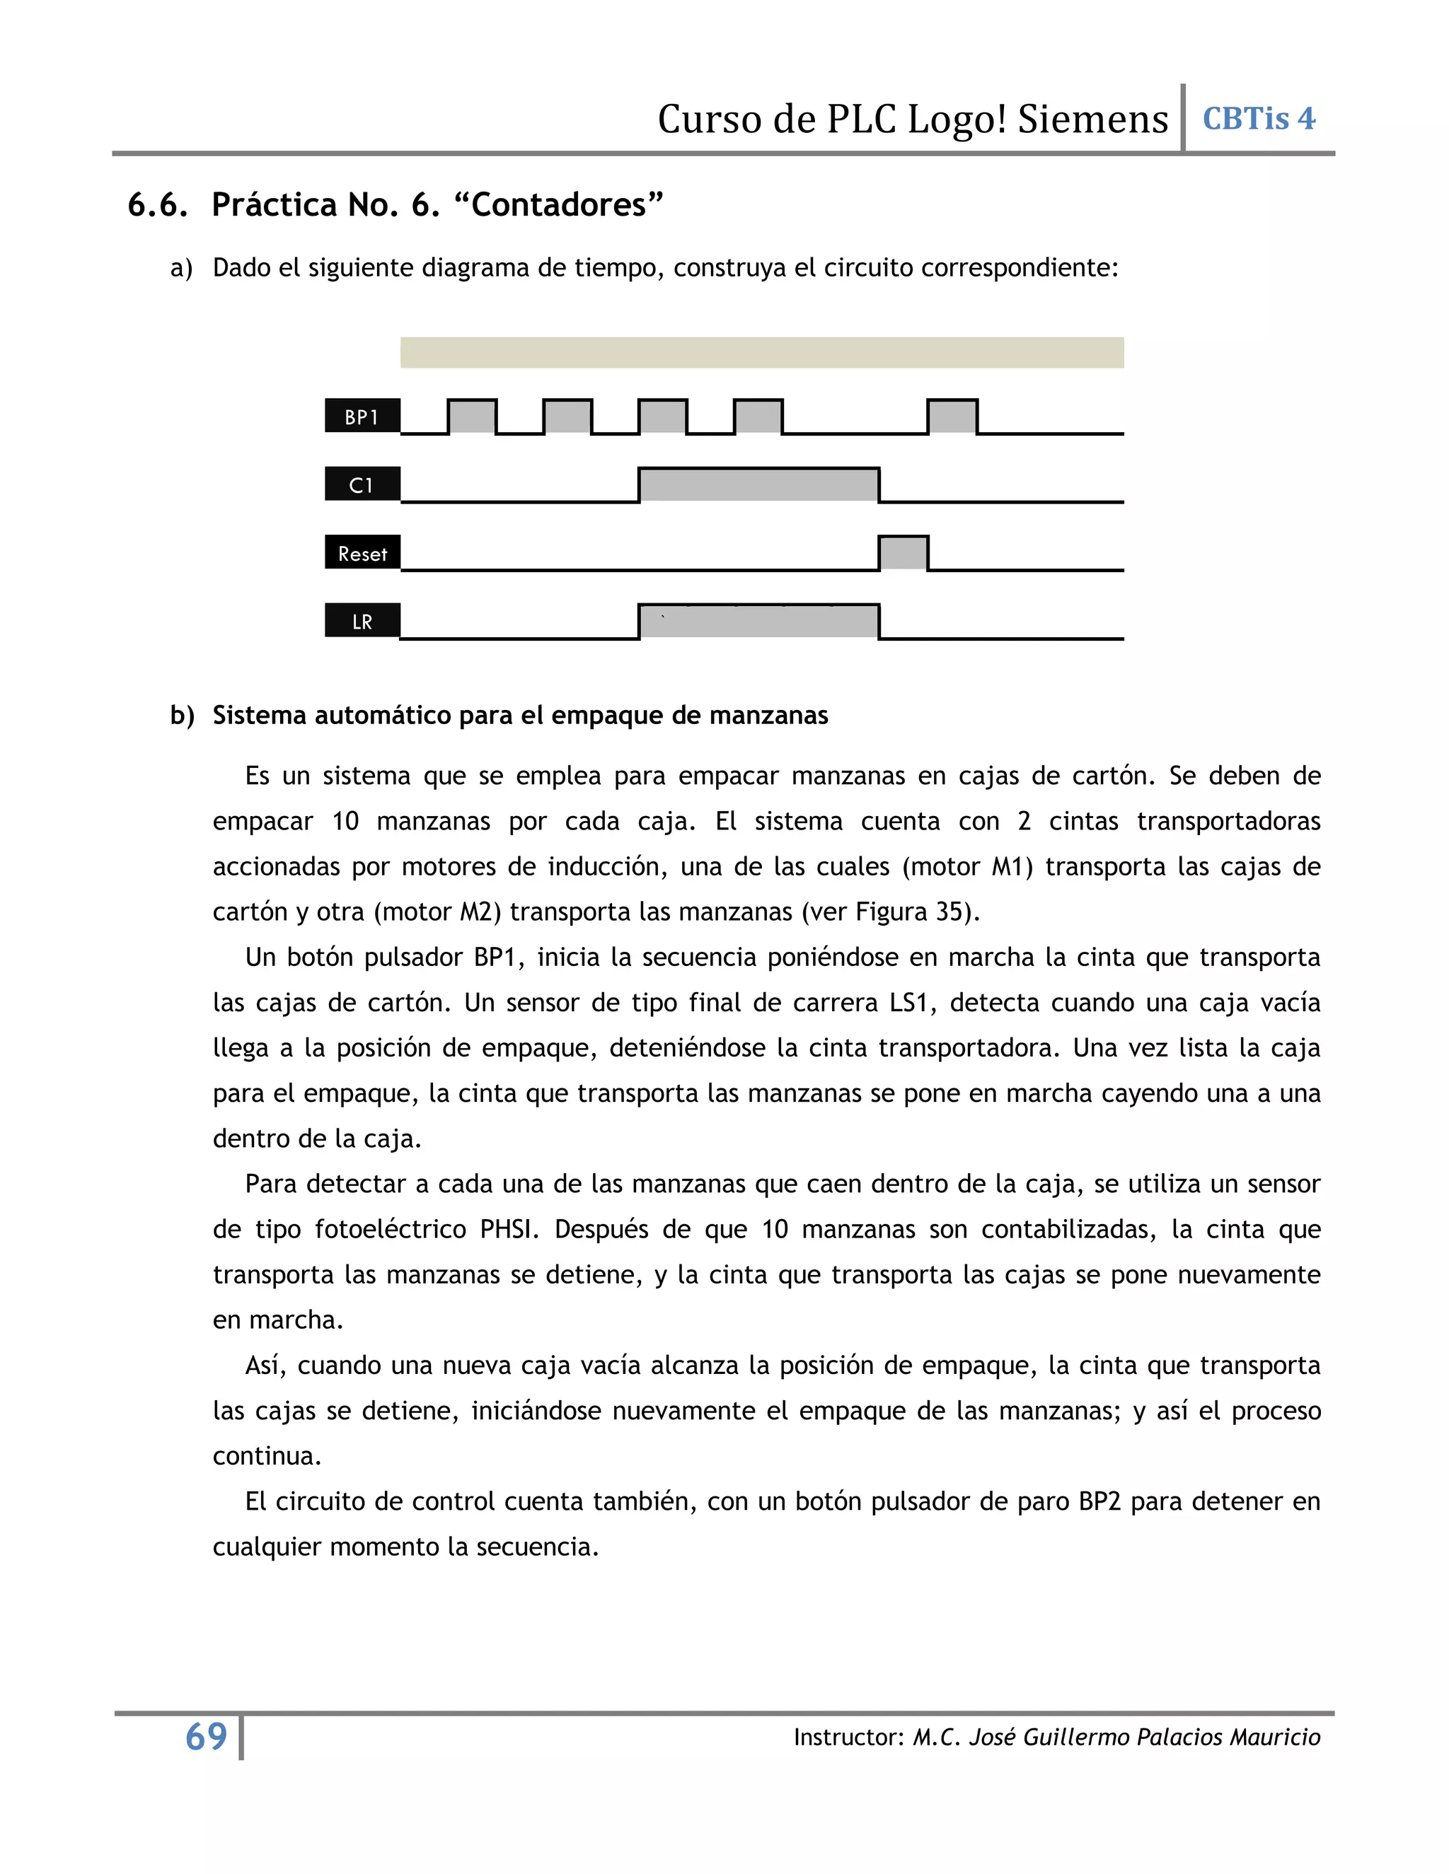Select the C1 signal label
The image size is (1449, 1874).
point(362,485)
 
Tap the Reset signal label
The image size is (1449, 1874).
point(362,554)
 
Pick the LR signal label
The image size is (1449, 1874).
point(362,621)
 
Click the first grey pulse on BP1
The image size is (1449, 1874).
point(472,417)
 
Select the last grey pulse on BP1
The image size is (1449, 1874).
point(953,417)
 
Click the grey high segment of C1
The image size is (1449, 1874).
point(759,485)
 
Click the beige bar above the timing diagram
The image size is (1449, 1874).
point(761,353)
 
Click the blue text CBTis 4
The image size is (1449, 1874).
point(1259,118)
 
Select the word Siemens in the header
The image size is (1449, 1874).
point(1092,120)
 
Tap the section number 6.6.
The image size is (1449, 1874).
point(158,205)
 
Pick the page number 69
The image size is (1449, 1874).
point(206,1737)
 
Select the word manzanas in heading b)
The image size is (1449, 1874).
point(775,716)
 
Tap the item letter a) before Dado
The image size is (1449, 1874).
point(181,269)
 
